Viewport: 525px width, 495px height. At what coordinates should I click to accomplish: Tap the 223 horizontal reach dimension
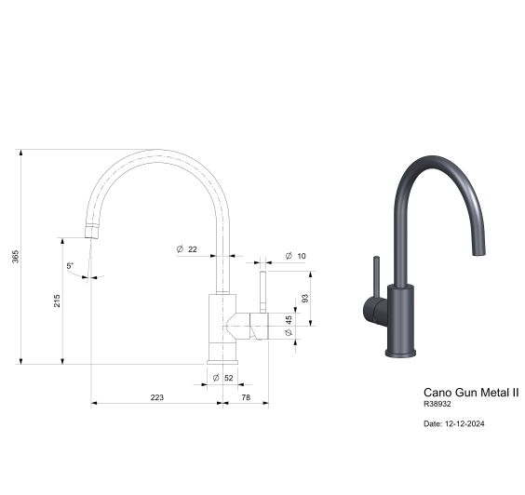tap(156, 397)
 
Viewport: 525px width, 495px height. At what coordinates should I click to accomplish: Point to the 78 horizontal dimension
tap(246, 397)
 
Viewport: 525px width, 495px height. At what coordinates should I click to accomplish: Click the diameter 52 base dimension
tap(222, 378)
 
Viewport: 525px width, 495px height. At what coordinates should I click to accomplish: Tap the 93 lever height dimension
tap(303, 299)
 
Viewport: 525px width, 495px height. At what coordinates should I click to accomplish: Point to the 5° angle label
tap(71, 266)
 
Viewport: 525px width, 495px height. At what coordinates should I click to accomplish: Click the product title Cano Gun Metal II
tap(471, 393)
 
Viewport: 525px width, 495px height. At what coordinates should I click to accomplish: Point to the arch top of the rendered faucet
tap(435, 161)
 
